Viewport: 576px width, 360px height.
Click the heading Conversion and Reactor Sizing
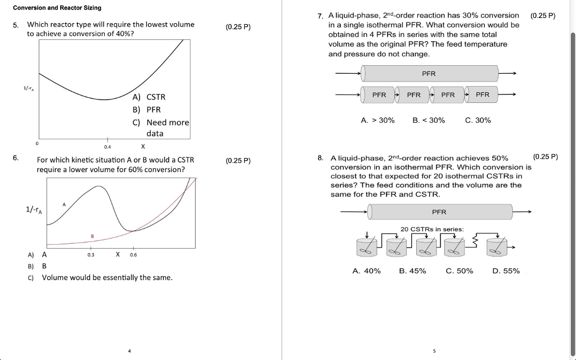(x=57, y=8)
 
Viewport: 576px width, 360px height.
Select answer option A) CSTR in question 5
(x=149, y=97)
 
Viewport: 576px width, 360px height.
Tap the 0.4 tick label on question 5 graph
(x=107, y=147)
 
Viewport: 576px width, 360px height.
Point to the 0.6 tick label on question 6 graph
(x=133, y=254)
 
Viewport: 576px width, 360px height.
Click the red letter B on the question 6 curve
(x=92, y=236)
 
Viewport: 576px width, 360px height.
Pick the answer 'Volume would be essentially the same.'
(x=107, y=277)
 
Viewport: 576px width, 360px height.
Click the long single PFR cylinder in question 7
(x=430, y=74)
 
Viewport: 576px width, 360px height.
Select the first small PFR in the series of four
(x=379, y=95)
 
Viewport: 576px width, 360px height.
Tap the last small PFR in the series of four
(x=483, y=95)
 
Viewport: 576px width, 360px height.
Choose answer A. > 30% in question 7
(x=377, y=120)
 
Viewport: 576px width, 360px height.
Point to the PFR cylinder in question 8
(x=439, y=212)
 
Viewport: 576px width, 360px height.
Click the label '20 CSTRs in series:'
(x=432, y=229)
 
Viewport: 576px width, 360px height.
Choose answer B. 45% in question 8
(x=412, y=271)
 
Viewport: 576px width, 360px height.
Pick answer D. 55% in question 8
(x=506, y=271)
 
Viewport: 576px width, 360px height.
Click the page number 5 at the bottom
(x=434, y=351)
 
